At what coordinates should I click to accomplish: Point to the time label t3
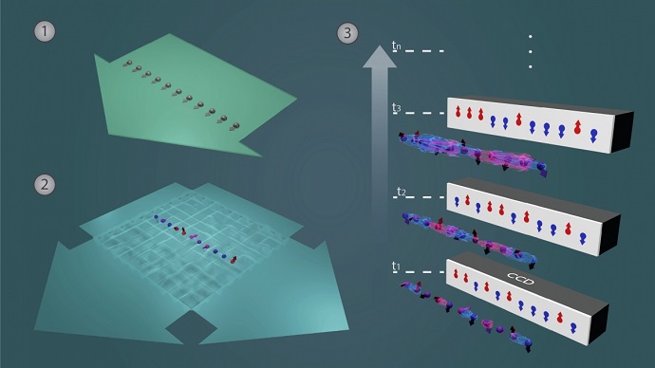(397, 109)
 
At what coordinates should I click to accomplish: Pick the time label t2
(399, 193)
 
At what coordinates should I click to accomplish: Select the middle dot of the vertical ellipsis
(530, 51)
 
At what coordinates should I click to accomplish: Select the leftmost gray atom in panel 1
(126, 63)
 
